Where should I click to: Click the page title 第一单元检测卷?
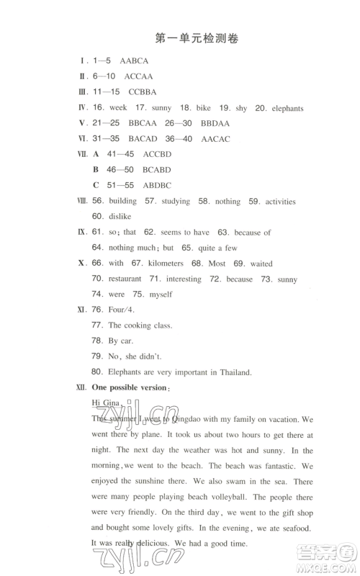pyautogui.click(x=196, y=39)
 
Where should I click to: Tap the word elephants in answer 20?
pyautogui.click(x=281, y=108)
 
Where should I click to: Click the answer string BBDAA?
pyautogui.click(x=215, y=123)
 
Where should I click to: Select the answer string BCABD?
pyautogui.click(x=158, y=170)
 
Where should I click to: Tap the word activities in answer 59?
pyautogui.click(x=280, y=202)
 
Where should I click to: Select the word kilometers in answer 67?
pyautogui.click(x=165, y=264)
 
